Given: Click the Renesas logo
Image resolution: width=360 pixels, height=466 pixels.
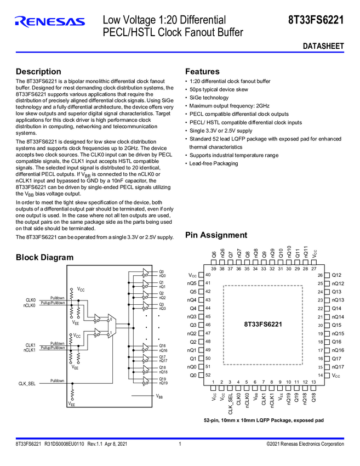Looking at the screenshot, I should (50, 22).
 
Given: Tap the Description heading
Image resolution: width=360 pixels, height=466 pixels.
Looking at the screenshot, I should (38, 72).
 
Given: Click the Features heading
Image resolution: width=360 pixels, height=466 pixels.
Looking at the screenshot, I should (202, 72).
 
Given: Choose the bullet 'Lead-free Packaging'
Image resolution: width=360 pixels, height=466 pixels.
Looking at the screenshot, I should (214, 163).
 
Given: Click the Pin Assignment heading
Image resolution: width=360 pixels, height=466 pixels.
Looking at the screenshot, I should (216, 235).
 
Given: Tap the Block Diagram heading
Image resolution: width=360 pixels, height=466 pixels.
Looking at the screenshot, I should (44, 258).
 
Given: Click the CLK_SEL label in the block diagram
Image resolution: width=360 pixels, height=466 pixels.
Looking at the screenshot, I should (27, 384).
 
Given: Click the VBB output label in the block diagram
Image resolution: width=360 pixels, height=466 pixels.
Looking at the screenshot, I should (159, 396).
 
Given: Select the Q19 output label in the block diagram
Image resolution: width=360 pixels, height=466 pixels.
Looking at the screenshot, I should (162, 379).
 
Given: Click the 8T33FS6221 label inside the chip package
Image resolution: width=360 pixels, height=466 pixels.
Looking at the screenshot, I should (263, 325).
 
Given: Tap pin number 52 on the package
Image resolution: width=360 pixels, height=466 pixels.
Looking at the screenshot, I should (207, 375).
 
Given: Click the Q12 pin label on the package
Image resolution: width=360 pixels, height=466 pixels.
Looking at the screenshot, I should (337, 275).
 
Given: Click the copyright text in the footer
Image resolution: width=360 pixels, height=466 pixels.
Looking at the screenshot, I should (305, 444).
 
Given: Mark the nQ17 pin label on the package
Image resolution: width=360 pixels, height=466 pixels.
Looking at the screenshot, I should (338, 367).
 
